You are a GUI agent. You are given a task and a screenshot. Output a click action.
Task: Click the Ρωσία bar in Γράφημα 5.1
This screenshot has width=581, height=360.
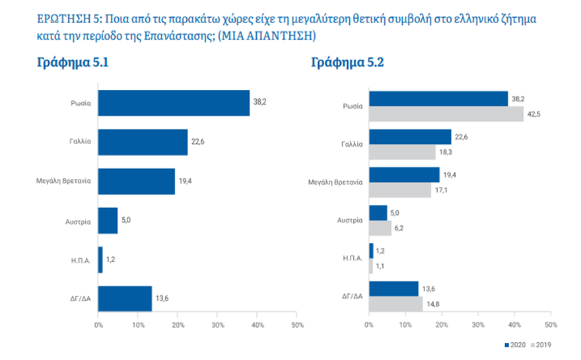pyautogui.click(x=174, y=103)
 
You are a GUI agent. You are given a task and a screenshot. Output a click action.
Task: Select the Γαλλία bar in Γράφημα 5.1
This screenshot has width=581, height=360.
pyautogui.click(x=143, y=142)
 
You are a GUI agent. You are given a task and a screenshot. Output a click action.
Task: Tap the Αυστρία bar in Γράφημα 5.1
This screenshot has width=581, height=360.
pyautogui.click(x=108, y=220)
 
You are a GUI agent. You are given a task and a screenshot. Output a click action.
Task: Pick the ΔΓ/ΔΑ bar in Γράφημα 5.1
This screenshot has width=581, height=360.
pyautogui.click(x=125, y=298)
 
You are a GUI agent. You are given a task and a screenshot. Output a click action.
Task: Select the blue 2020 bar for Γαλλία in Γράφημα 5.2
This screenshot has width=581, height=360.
pyautogui.click(x=410, y=136)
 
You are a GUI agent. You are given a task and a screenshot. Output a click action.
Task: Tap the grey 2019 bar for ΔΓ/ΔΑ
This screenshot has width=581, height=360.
pyautogui.click(x=395, y=304)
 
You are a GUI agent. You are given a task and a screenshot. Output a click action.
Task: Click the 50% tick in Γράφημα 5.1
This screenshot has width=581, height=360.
pyautogui.click(x=297, y=326)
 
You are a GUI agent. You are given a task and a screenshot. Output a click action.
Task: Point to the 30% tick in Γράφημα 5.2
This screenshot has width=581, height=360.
pyautogui.click(x=480, y=326)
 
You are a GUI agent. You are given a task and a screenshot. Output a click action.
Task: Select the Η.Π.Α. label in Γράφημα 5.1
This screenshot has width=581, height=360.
pyautogui.click(x=81, y=259)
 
